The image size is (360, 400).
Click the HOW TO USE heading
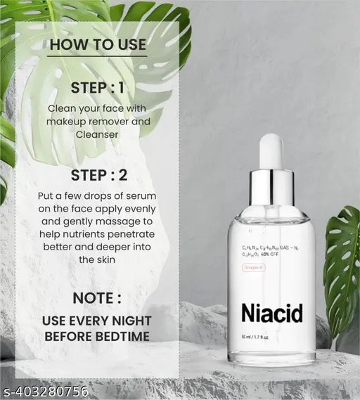click(x=98, y=44)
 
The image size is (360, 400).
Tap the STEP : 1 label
click(x=98, y=88)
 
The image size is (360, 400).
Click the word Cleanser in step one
click(x=98, y=134)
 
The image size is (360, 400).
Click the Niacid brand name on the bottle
click(x=271, y=313)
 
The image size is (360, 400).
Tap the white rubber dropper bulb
click(x=271, y=150)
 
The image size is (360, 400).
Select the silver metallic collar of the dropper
click(x=271, y=187)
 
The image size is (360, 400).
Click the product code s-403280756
click(x=44, y=392)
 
